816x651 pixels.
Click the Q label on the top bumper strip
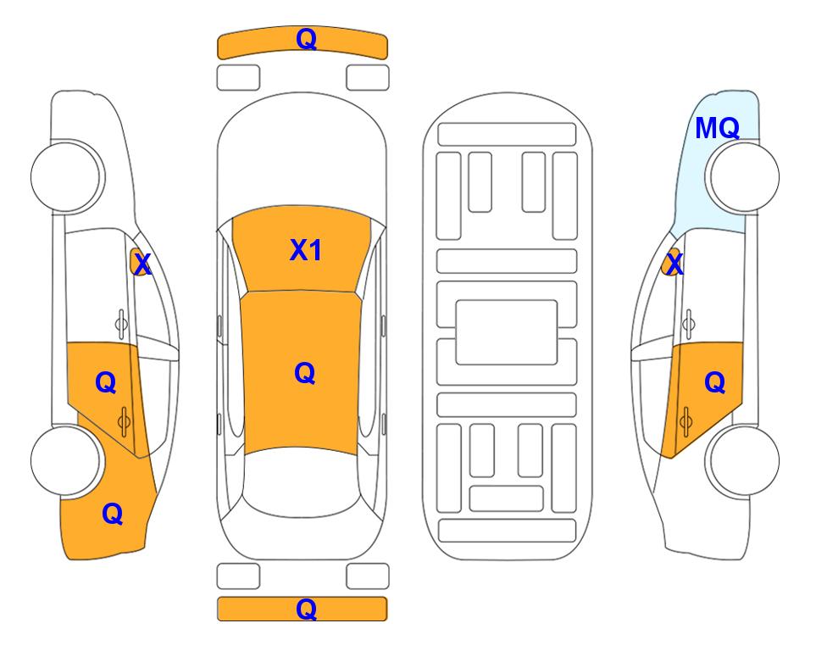(306, 39)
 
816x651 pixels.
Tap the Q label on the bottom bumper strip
(306, 609)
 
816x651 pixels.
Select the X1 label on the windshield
(306, 250)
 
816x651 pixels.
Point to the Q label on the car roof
(305, 374)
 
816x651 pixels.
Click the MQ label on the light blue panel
(717, 128)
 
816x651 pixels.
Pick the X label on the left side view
(142, 264)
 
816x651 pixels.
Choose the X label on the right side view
(674, 264)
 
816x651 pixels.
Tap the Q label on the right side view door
(715, 383)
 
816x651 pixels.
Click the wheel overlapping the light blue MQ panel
(742, 177)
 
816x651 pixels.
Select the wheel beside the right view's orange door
(742, 461)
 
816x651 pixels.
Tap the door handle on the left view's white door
(120, 324)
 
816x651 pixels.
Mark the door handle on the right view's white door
(688, 324)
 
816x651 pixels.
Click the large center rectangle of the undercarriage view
(507, 332)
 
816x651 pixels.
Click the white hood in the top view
(302, 156)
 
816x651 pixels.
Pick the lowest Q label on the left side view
(113, 514)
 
